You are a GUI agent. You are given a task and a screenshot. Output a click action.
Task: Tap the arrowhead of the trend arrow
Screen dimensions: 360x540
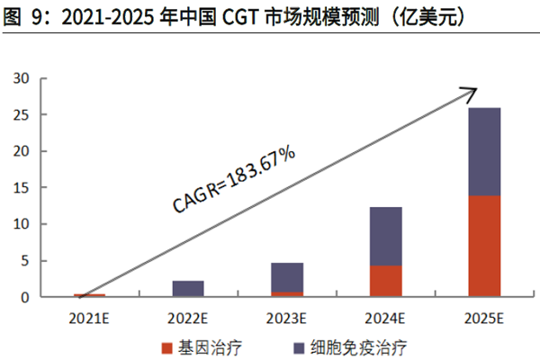(x=468, y=90)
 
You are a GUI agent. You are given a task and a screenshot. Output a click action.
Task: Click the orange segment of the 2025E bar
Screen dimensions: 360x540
(x=484, y=246)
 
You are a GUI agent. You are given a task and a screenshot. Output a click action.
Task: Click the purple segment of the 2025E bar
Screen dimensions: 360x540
(x=484, y=151)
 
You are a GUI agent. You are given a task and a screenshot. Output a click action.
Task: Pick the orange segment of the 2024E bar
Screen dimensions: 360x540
(x=386, y=281)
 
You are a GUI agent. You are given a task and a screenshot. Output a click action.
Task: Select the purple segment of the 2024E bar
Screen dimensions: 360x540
(x=386, y=236)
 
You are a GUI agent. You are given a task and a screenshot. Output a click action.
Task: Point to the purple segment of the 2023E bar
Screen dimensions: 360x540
(x=287, y=277)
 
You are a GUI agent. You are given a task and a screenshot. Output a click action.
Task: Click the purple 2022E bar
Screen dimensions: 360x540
(x=188, y=288)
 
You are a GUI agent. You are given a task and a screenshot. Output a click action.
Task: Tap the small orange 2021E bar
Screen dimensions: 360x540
(x=89, y=295)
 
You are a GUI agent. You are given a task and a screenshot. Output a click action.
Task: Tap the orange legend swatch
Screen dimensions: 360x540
(x=166, y=346)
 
